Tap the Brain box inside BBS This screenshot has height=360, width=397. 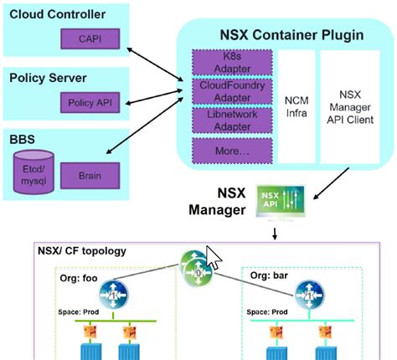point(97,176)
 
